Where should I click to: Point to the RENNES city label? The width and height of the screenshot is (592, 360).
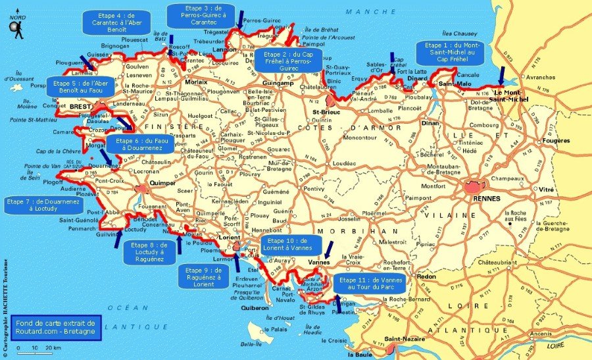point(486,198)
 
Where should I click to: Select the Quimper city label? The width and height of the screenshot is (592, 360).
point(160,184)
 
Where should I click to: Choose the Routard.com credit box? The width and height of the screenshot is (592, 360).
point(57,326)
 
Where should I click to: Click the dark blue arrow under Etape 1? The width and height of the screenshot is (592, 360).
point(501,73)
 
